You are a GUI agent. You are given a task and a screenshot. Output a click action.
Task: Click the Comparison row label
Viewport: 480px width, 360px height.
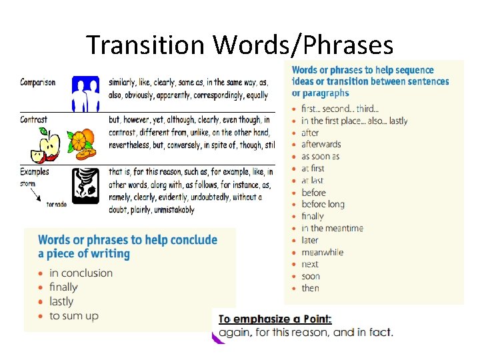click(38, 83)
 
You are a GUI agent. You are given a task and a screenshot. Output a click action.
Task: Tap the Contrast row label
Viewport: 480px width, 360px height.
click(34, 120)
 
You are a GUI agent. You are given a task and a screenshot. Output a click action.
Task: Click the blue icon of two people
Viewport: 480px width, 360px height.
click(85, 93)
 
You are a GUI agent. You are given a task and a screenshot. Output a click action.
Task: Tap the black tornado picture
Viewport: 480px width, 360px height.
click(86, 185)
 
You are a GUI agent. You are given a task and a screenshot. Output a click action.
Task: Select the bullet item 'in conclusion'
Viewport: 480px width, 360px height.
click(81, 273)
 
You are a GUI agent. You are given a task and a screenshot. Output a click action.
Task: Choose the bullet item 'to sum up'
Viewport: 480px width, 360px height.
click(73, 316)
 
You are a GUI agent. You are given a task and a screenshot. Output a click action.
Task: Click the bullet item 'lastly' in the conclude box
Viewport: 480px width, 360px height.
click(61, 301)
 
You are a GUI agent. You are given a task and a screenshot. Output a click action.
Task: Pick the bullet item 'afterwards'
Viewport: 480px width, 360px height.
click(321, 144)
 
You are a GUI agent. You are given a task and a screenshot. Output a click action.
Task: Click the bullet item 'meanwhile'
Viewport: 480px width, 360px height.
click(322, 252)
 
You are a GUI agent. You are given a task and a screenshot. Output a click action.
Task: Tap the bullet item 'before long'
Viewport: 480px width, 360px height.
click(323, 204)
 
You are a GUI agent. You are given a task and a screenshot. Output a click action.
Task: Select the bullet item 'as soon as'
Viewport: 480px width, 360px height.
click(320, 156)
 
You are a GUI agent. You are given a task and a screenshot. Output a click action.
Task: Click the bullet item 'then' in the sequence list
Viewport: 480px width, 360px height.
click(310, 288)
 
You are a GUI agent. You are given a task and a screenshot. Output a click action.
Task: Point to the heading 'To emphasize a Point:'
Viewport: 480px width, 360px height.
click(275, 319)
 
